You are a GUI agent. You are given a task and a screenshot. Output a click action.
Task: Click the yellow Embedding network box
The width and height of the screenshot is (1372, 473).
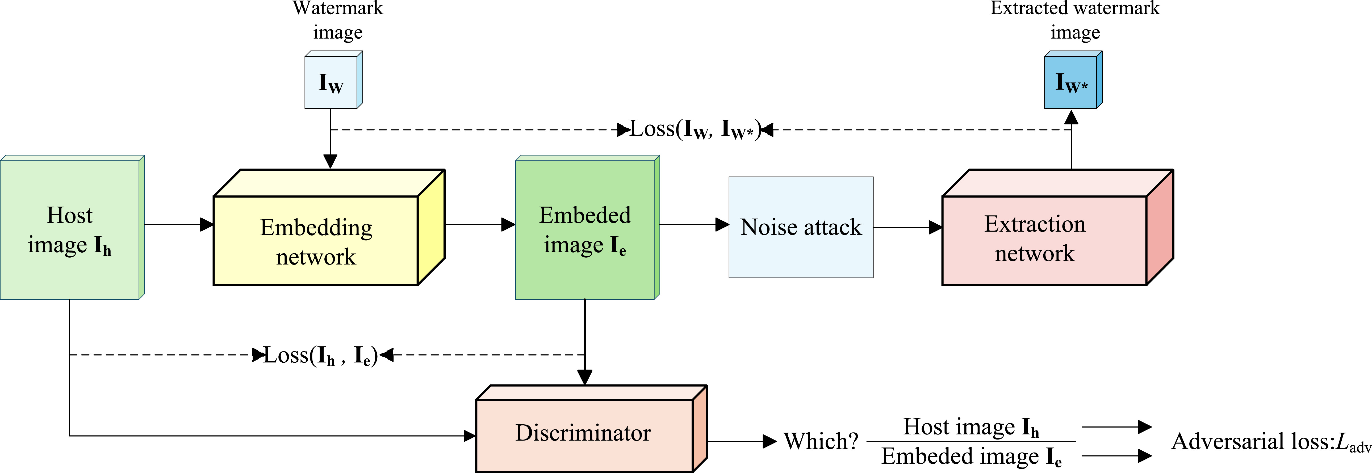pos(329,227)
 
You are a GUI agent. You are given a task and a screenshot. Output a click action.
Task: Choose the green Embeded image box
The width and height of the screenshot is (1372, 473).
pos(587,227)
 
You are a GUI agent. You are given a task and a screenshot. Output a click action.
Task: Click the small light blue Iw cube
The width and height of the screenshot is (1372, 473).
pos(333,80)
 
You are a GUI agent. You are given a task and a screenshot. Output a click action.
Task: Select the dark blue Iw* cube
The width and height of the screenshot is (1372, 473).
pos(1073,80)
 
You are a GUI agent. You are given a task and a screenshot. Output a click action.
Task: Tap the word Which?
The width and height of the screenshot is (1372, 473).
pos(821,441)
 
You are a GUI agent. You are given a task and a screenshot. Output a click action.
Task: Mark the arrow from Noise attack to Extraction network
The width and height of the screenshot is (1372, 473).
pos(907,227)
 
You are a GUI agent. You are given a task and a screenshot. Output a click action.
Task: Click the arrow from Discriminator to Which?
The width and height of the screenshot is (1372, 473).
pos(742,441)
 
